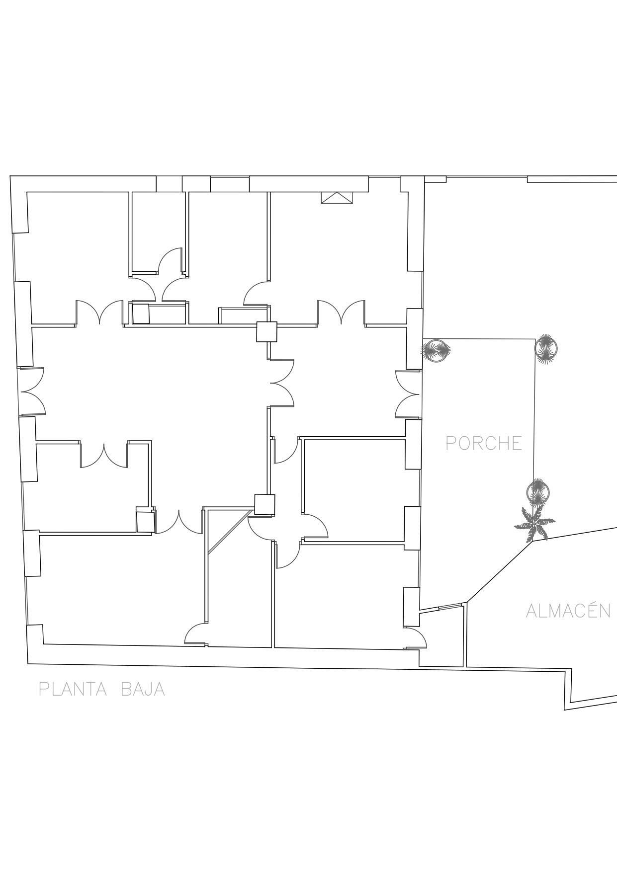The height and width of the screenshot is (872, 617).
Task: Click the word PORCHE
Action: [484, 443]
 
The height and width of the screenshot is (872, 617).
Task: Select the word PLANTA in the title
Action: [73, 689]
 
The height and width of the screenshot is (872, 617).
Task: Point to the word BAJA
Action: [143, 689]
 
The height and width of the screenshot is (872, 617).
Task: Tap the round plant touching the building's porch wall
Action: [436, 351]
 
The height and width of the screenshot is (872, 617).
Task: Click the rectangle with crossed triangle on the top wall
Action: [337, 198]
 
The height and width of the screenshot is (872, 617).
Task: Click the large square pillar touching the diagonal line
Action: [264, 504]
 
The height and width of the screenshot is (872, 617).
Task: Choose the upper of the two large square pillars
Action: [266, 332]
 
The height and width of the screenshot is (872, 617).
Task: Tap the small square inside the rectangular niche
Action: [141, 315]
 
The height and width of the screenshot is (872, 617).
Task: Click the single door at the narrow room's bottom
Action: [196, 634]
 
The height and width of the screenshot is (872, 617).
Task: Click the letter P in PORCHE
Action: [451, 443]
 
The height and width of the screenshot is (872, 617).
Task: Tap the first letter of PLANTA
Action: [44, 689]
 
